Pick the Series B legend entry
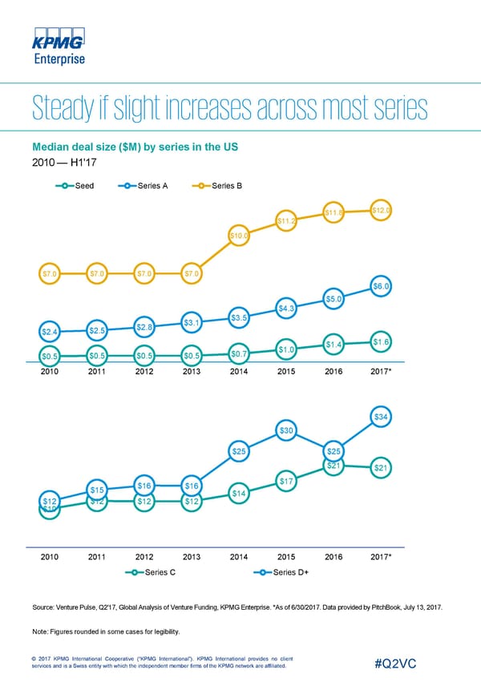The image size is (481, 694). pos(216,187)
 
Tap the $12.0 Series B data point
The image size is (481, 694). pos(382,211)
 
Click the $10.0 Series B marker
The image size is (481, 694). pos(239,236)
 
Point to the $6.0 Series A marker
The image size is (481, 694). pos(382,286)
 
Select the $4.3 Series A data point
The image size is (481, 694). pos(287,309)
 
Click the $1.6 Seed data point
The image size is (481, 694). pos(382,342)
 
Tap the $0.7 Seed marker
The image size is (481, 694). pos(239,353)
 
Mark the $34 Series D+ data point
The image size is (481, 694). pos(382,417)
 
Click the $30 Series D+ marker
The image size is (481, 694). pos(287,431)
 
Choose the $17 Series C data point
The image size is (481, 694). pos(287,481)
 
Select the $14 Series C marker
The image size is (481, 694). pos(239,494)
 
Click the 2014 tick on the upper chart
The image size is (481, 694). pos(239,372)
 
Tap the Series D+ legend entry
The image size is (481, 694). pos(281,572)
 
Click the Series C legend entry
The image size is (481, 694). pos(153,572)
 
